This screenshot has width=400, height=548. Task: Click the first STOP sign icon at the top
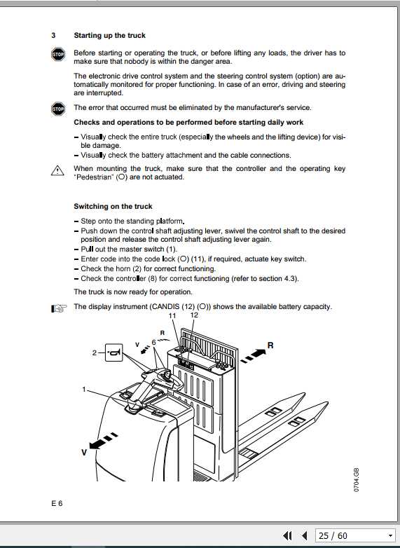coord(58,55)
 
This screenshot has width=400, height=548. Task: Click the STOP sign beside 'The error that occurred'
coord(58,109)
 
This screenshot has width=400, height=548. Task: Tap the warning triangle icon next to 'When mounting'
coord(57,170)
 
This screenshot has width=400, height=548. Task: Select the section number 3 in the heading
coord(53,35)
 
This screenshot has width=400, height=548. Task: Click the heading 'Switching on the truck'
coord(113,207)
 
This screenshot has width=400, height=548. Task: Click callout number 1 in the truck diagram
coord(85,389)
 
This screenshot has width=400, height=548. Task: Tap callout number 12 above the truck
coord(194,316)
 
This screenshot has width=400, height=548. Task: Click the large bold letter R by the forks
coord(270,345)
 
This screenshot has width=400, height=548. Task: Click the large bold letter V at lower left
coord(83,453)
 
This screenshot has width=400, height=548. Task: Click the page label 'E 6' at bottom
coord(57,503)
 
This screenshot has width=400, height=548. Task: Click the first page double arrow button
coord(287,536)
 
